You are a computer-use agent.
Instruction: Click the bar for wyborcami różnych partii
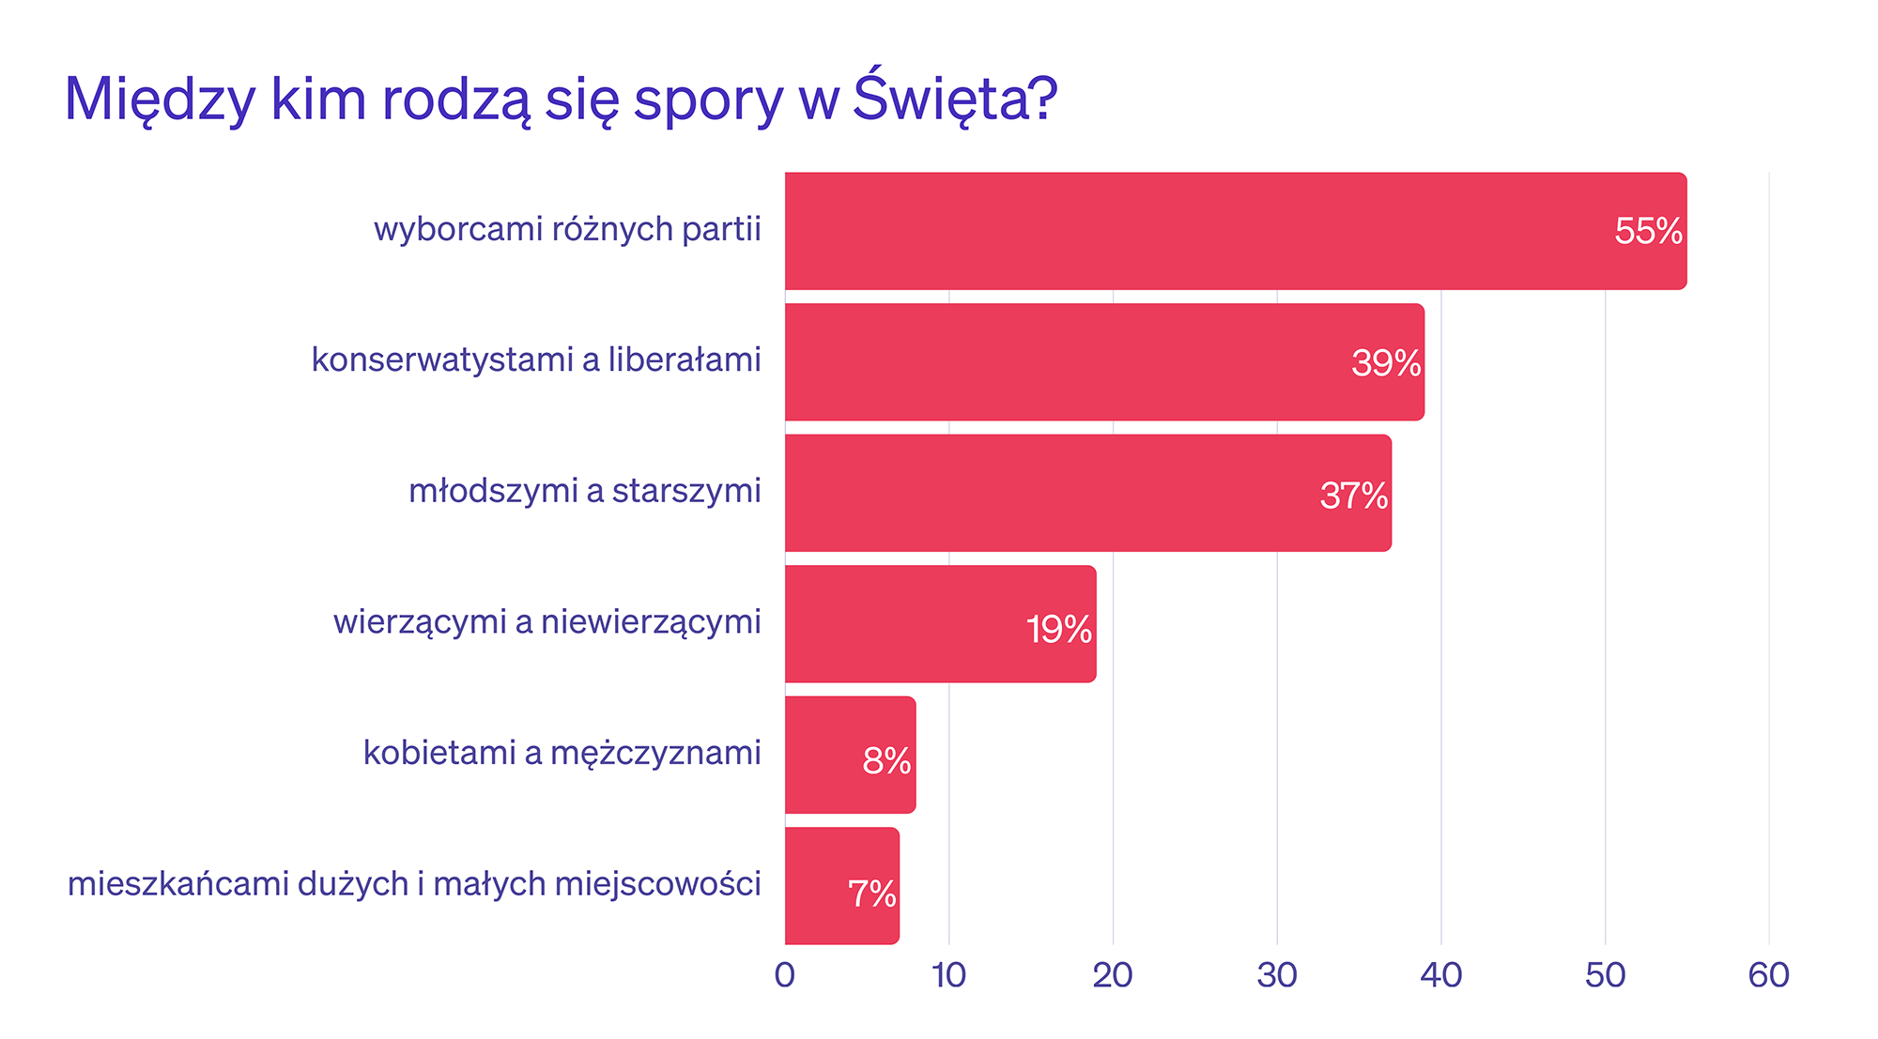1235,231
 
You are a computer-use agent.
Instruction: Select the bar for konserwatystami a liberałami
1103,362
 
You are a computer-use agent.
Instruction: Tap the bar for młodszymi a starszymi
1087,493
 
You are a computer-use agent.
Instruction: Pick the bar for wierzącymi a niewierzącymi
939,624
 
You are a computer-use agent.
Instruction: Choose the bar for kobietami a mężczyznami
850,755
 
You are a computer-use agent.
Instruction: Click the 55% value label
1648,232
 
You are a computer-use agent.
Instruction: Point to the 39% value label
1386,363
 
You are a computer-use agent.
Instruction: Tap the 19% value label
1059,629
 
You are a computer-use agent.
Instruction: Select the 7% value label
872,894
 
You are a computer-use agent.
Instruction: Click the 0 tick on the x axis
785,976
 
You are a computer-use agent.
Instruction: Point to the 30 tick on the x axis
1277,976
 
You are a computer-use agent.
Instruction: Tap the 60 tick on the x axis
1768,976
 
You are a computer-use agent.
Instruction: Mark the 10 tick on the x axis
949,976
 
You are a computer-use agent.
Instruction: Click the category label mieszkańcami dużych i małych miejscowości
414,884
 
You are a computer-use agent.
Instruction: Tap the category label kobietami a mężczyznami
562,754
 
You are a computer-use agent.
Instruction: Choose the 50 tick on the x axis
1605,976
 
